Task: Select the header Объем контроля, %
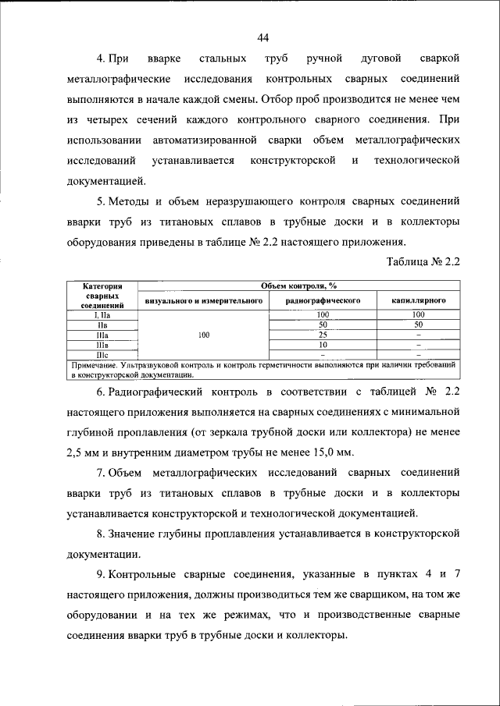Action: tap(295, 286)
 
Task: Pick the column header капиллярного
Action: tap(419, 299)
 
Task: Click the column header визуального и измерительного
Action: tap(203, 299)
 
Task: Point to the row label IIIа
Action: tap(102, 334)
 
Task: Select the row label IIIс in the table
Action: tap(102, 353)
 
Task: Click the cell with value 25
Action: tap(322, 334)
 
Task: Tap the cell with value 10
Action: tap(322, 343)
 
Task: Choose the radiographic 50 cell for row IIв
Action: tap(322, 324)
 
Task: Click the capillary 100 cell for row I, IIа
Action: tap(419, 314)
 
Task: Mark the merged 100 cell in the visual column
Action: tap(203, 334)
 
